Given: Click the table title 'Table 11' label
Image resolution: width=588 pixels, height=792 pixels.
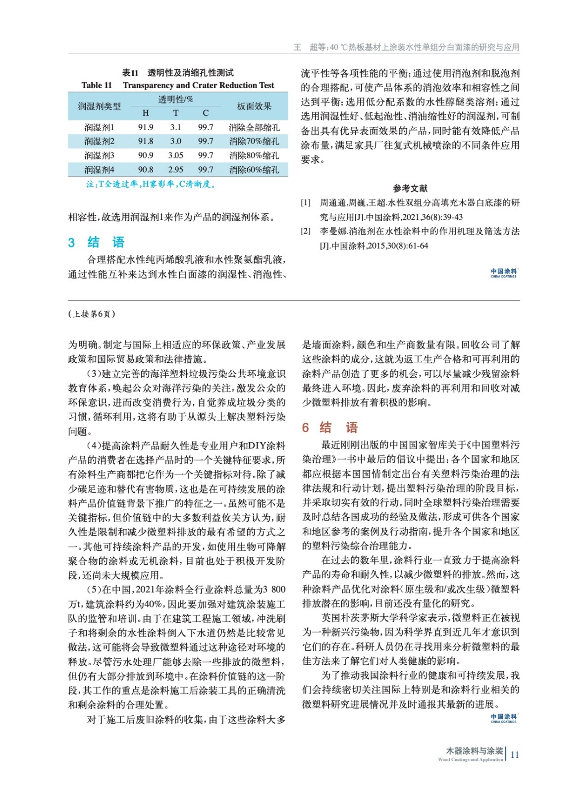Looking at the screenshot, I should tap(97, 85).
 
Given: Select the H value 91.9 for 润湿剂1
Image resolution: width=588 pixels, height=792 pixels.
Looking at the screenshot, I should tap(145, 127).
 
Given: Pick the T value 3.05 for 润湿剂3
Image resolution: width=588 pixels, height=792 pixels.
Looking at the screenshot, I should tap(175, 155).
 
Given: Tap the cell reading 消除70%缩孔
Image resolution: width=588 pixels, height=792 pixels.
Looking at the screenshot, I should tap(254, 142).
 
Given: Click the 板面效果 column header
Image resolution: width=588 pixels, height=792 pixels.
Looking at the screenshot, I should tap(254, 106).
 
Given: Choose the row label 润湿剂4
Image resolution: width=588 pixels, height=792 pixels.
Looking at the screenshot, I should tap(99, 170).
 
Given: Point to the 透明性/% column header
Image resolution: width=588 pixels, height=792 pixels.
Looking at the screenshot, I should tap(175, 99).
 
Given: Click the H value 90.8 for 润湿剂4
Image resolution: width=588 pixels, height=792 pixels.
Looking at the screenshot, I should tap(145, 170).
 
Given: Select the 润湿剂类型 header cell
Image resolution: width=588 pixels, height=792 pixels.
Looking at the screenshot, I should tap(99, 106).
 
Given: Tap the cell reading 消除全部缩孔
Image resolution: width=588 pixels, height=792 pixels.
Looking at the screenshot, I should tap(254, 127).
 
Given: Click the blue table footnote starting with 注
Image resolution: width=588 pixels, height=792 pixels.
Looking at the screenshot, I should tap(151, 185).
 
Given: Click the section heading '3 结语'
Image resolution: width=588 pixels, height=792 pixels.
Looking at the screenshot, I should tap(96, 242).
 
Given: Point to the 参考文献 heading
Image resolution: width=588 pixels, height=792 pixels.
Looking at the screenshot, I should tap(410, 188).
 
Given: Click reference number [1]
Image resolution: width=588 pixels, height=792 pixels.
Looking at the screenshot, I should tap(306, 202).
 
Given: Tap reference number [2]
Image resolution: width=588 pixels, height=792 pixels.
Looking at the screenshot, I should tap(306, 231).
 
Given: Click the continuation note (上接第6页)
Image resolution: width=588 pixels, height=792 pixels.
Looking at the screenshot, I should tap(92, 314).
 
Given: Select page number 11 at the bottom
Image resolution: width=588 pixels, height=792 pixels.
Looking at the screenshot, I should tap(515, 754).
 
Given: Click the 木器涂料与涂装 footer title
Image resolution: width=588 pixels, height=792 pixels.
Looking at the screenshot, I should tap(474, 751).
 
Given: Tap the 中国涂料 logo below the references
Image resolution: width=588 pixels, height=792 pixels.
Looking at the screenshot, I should tap(503, 273).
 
